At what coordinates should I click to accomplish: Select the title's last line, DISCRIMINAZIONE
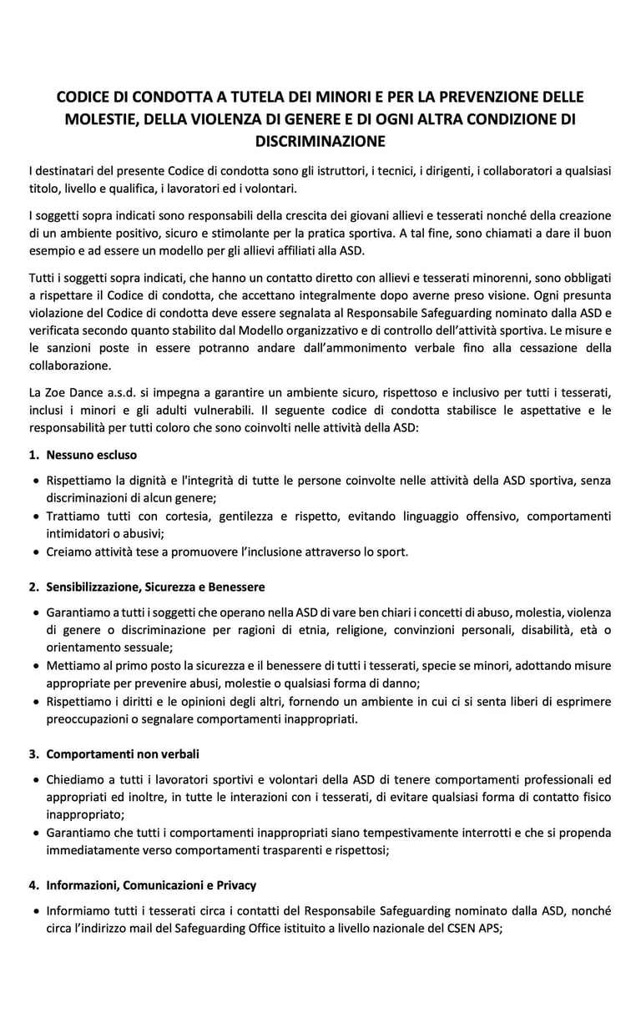point(320,140)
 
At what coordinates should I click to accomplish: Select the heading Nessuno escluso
point(92,456)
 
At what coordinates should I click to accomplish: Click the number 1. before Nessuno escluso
point(34,456)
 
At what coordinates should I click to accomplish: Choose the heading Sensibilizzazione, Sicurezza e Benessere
point(155,587)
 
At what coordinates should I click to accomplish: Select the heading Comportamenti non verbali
point(123,754)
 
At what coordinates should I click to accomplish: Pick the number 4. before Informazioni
point(34,886)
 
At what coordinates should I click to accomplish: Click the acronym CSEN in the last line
point(447,930)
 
